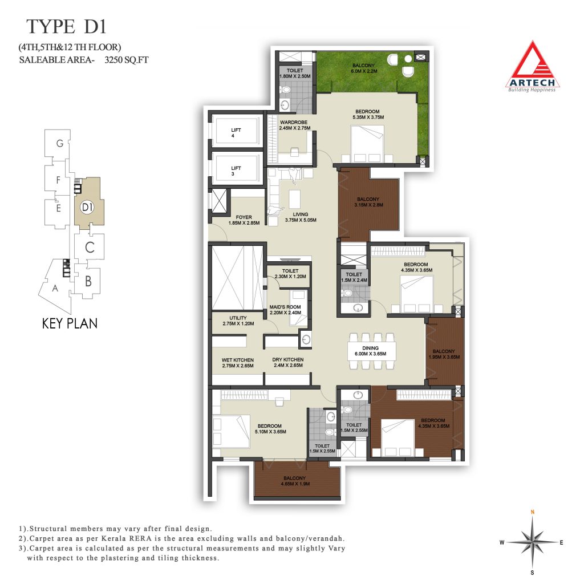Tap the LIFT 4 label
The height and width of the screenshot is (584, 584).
(236, 133)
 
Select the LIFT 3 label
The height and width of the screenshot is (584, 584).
(236, 171)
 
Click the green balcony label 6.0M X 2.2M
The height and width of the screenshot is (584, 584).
(364, 68)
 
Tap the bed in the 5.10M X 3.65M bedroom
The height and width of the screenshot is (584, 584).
(231, 431)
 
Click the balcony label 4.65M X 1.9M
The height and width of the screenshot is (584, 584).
(295, 481)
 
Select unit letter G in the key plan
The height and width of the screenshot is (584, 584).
(59, 143)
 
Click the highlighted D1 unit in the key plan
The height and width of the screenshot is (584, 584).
(88, 201)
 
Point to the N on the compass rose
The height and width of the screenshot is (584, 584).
(533, 512)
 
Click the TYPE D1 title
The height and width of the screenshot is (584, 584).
(66, 27)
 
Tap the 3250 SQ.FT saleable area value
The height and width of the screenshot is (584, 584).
(127, 59)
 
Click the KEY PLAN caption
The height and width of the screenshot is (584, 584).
(70, 323)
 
